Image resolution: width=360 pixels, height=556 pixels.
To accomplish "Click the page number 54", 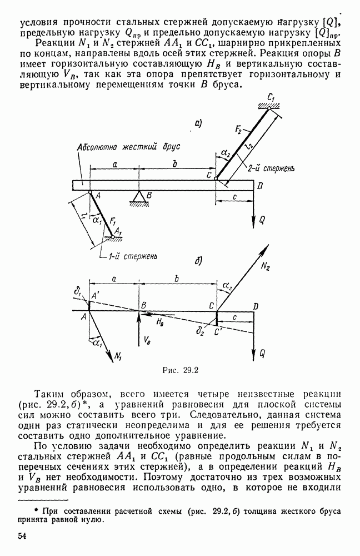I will pos(23,536).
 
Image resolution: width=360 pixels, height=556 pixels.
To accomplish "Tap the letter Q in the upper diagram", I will pos(263,220).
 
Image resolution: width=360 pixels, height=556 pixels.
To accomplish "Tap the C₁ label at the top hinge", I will pos(272,98).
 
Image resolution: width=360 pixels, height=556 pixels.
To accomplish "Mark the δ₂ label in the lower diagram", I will pos(200,332).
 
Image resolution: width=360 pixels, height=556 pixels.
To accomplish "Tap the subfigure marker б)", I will pos(197,260).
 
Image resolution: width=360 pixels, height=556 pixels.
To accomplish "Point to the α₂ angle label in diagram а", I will pos(225,152).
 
